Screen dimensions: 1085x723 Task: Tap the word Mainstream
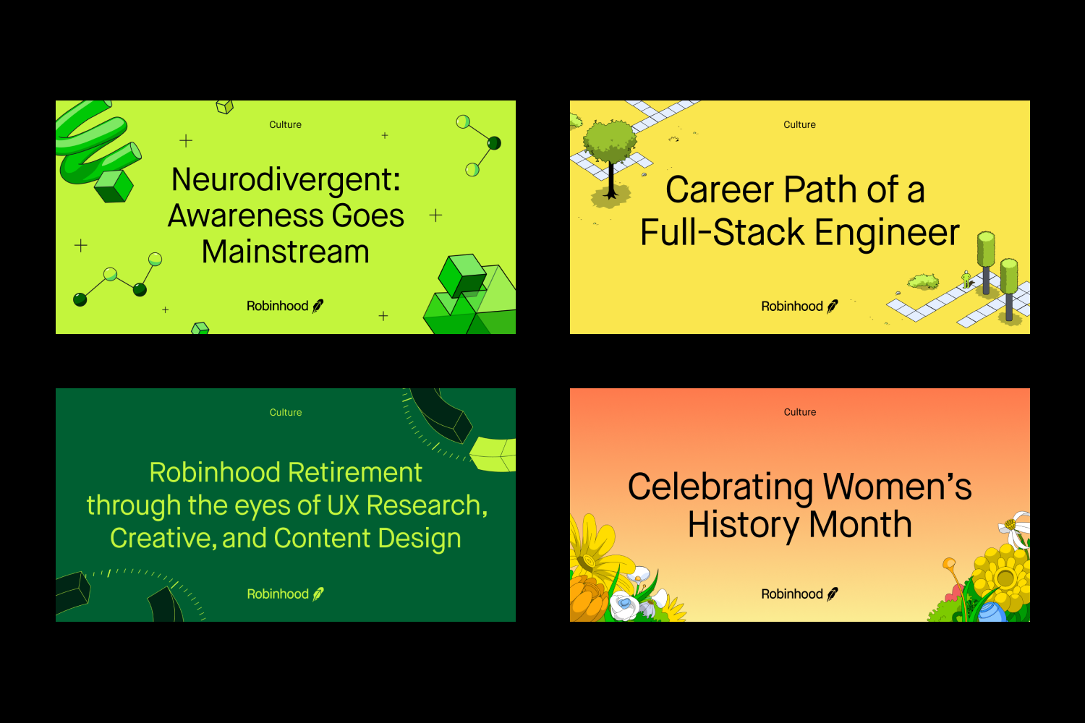point(285,252)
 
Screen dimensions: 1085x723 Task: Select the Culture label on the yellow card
point(800,124)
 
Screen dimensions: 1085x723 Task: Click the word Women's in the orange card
point(897,487)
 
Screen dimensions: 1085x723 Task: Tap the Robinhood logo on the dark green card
point(285,594)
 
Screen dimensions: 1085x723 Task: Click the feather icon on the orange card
point(832,594)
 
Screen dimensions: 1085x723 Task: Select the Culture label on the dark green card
point(286,412)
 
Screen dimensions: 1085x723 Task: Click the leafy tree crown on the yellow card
point(609,141)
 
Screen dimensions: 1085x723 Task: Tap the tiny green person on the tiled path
point(966,279)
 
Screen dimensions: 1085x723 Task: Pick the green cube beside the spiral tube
point(114,186)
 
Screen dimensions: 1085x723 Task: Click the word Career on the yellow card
point(719,189)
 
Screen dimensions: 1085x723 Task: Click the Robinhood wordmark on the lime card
point(278,306)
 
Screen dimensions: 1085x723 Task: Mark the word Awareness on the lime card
point(245,216)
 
